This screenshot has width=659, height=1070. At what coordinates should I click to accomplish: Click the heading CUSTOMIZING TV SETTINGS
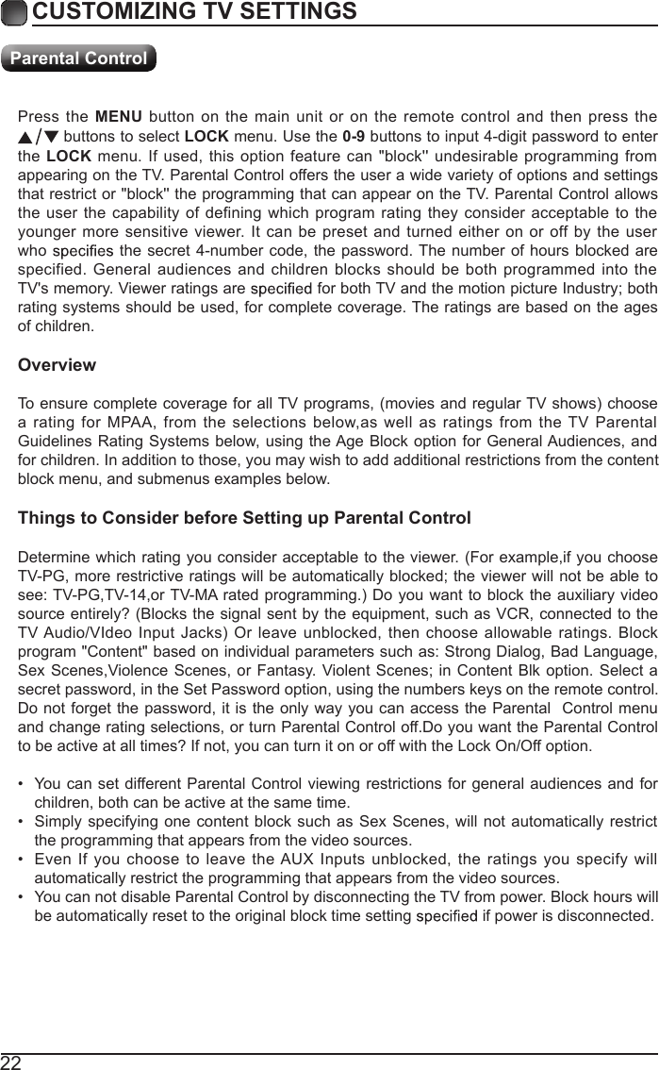(x=194, y=12)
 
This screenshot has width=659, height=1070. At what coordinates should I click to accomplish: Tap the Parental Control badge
(x=78, y=59)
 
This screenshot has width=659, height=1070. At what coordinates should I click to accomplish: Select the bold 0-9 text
(x=354, y=134)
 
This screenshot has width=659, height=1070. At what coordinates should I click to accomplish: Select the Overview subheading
(x=57, y=365)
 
